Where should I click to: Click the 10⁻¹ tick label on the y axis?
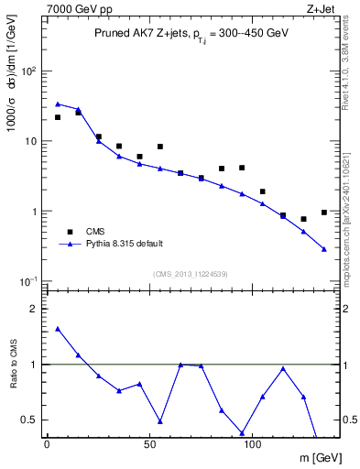coord(28,281)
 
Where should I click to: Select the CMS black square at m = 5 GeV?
coord(58,117)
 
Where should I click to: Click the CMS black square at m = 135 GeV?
coord(324,213)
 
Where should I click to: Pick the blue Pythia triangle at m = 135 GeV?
coord(324,249)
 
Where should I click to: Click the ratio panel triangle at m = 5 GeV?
coord(58,329)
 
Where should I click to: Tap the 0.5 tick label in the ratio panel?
coord(30,420)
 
